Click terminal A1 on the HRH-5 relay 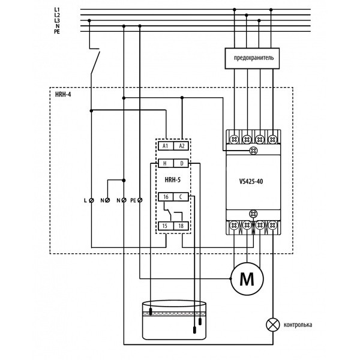(x=165, y=145)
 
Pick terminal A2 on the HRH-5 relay (x=182, y=145)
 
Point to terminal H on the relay (x=165, y=163)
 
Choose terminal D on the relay (x=182, y=163)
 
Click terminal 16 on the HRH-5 (x=165, y=196)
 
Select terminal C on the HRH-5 (x=182, y=196)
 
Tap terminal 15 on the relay (x=165, y=225)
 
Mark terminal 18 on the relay (x=182, y=225)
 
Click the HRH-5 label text (x=173, y=179)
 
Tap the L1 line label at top (x=57, y=10)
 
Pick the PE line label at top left (x=57, y=32)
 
